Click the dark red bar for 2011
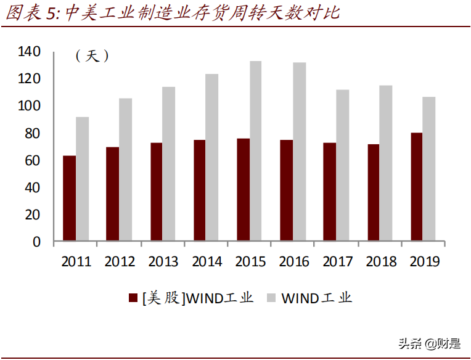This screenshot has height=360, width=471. (69, 198)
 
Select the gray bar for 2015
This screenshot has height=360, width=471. (255, 151)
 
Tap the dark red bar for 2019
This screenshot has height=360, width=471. (417, 187)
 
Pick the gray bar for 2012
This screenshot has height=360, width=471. (125, 170)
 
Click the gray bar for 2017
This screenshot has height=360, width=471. (342, 165)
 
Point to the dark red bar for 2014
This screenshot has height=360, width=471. (199, 190)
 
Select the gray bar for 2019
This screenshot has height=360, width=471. (429, 169)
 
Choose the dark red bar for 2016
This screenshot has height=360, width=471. (286, 190)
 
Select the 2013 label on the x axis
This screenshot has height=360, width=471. (163, 262)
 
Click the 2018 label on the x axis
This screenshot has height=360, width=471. (381, 262)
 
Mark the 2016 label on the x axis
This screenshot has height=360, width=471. (294, 262)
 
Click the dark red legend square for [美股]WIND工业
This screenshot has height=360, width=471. (133, 298)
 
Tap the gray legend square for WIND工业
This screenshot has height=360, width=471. (271, 298)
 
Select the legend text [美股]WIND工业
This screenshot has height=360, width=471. (197, 298)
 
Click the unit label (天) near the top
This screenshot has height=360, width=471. (92, 56)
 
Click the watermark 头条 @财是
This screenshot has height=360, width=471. (429, 343)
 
